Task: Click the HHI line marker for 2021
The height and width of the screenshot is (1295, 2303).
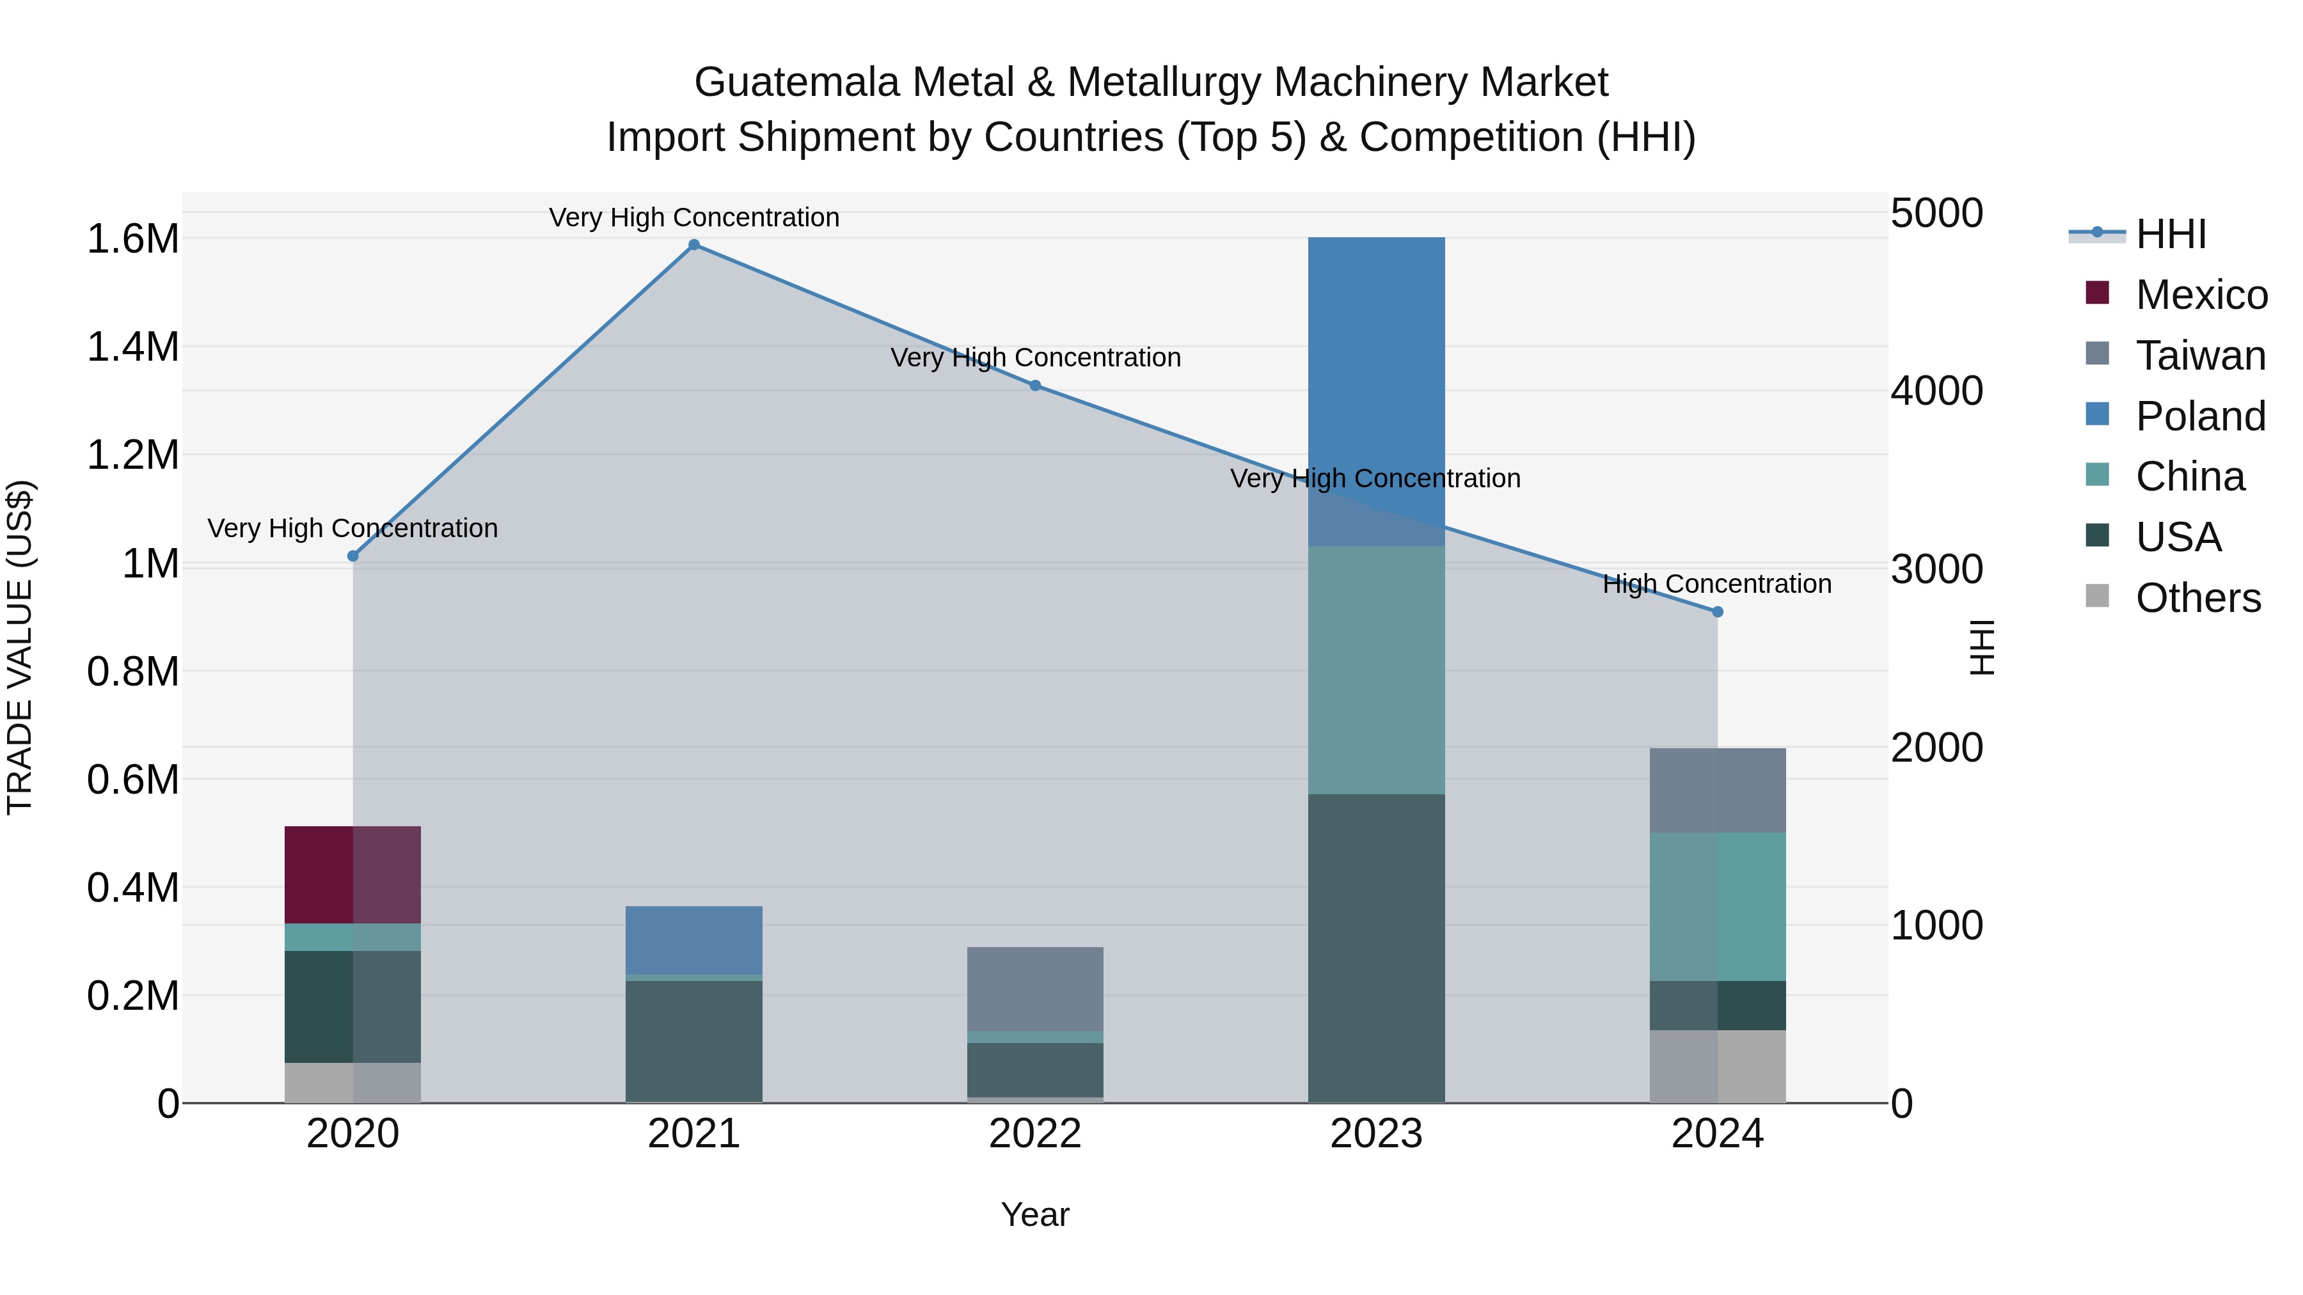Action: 693,245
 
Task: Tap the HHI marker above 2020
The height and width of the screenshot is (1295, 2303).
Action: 353,556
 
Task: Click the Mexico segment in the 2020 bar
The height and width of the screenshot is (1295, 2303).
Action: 352,875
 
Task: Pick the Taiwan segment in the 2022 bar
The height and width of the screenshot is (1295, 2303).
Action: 1035,989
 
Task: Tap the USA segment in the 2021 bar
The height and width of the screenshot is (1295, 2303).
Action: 693,1041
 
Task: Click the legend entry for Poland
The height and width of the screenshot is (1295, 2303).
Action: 2199,416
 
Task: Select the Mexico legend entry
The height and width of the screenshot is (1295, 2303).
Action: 2200,295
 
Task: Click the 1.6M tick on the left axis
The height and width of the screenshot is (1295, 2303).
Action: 132,240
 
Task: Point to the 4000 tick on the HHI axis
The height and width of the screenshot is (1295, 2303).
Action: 1936,391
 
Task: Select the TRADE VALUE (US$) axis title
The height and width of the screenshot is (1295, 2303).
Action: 20,647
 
